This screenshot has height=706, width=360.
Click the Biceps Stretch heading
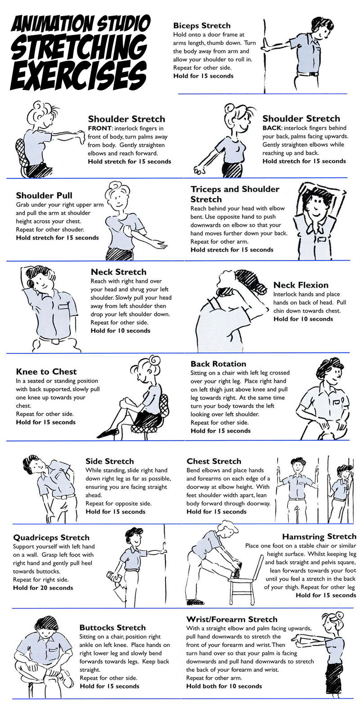(202, 26)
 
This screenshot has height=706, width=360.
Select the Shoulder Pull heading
(44, 196)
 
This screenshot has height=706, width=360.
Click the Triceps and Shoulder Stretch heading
(235, 194)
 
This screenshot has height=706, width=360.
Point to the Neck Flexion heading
(301, 285)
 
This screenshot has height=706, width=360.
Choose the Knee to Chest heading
(46, 371)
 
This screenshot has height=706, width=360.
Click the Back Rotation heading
(218, 364)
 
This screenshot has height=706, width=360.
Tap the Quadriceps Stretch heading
(51, 538)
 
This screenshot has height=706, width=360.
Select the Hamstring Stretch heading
(319, 536)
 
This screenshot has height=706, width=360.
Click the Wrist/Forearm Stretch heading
(232, 619)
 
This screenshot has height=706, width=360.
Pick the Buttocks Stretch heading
(112, 627)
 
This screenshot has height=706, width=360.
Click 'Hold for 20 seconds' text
(43, 588)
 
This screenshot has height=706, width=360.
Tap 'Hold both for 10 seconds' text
(224, 686)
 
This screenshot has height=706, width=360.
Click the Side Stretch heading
(110, 461)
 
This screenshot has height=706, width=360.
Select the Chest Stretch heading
(214, 461)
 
